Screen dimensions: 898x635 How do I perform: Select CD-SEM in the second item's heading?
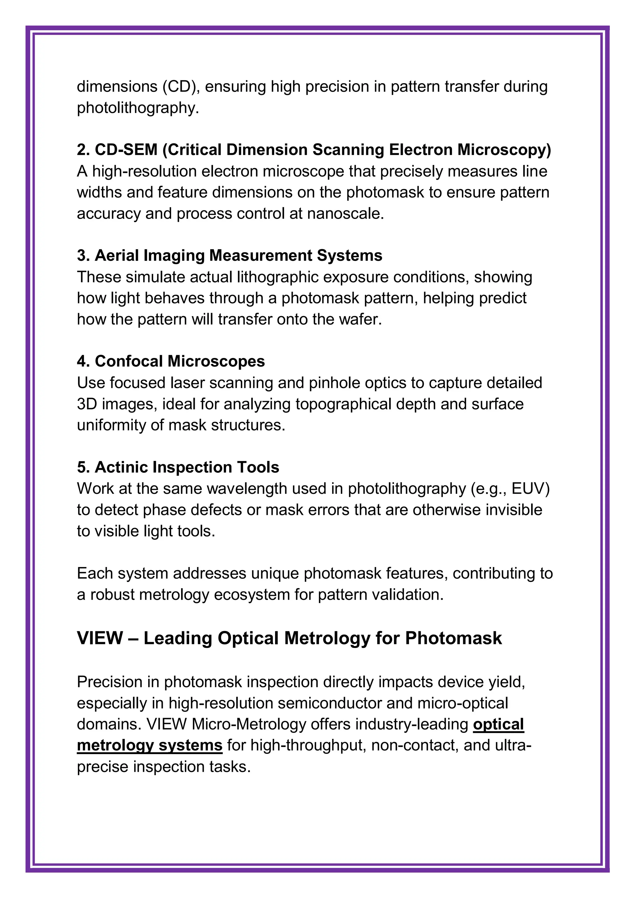pyautogui.click(x=126, y=150)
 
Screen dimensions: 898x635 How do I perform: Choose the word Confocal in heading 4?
pyautogui.click(x=129, y=361)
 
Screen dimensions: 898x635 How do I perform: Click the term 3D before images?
pyautogui.click(x=87, y=404)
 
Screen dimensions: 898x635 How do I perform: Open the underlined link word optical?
pyautogui.click(x=498, y=724)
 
